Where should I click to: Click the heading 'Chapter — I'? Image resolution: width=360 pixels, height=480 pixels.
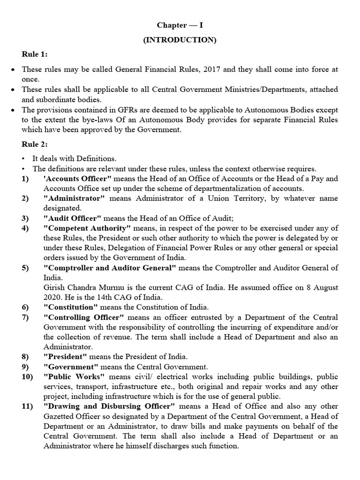coord(180,25)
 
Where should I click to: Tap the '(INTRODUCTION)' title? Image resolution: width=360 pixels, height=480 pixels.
coord(180,40)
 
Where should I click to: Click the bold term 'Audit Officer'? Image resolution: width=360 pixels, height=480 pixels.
coord(73,218)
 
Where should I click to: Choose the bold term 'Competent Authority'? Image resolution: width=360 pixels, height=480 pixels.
coord(87,228)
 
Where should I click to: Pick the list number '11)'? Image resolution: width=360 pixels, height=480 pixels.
coord(27,406)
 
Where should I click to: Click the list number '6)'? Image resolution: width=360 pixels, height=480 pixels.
coord(25,307)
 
